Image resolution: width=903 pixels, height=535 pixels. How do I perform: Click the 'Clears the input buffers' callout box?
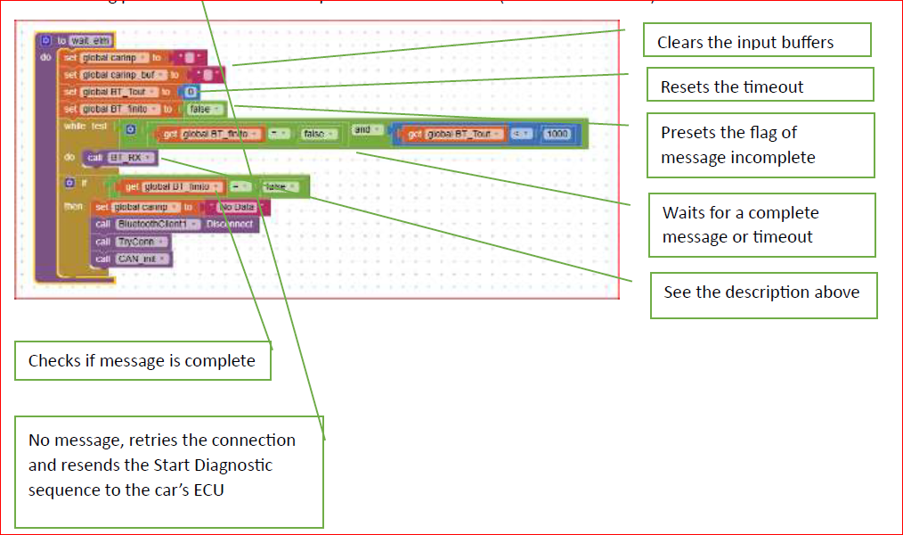click(757, 41)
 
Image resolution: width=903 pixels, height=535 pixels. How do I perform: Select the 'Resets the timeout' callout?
click(760, 86)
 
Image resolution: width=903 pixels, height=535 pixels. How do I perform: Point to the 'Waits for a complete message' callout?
click(761, 225)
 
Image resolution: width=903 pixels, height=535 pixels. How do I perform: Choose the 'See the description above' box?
click(763, 292)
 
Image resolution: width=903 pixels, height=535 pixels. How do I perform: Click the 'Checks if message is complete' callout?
click(142, 360)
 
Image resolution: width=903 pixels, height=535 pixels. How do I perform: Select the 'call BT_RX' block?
click(121, 158)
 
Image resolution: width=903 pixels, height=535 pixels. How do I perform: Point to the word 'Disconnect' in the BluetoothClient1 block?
click(229, 224)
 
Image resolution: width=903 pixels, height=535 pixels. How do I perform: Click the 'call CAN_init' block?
click(133, 259)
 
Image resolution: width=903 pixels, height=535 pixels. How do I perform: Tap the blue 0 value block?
click(191, 92)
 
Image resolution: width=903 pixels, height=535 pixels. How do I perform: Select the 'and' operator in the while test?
click(362, 130)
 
